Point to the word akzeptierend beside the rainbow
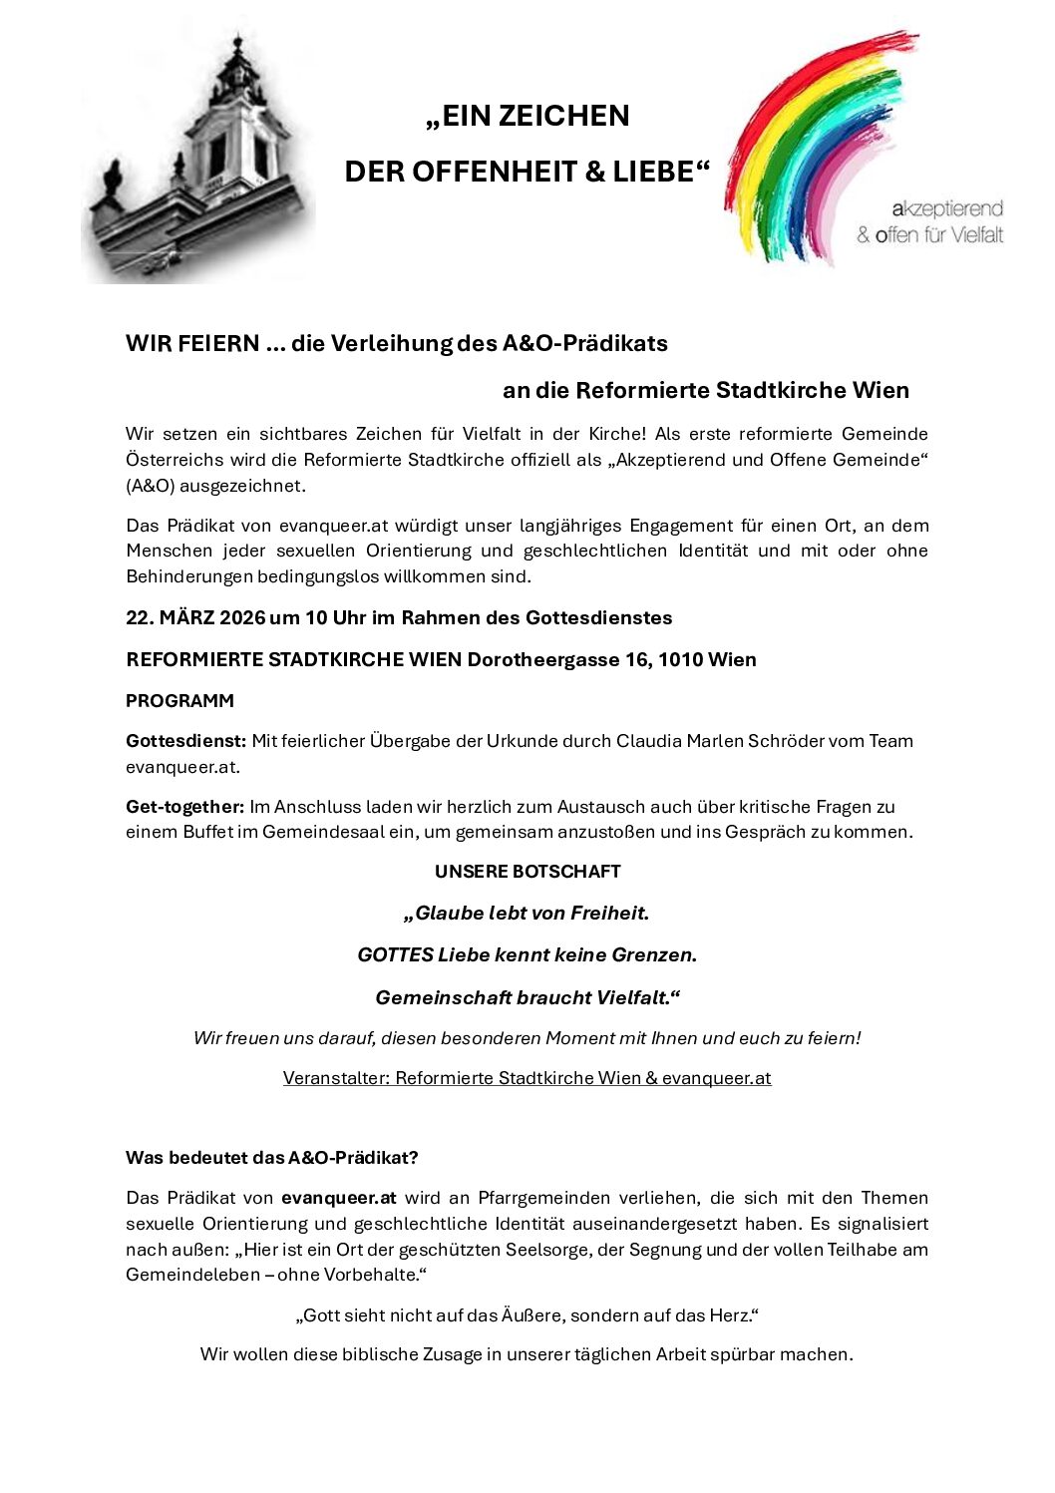point(947,208)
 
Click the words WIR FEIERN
point(192,343)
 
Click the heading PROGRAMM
point(179,701)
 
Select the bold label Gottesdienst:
point(185,741)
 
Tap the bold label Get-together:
point(184,806)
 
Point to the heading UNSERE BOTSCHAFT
point(527,871)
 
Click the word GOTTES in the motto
point(395,954)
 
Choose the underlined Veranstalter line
point(527,1078)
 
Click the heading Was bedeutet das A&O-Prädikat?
point(271,1158)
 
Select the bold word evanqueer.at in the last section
point(338,1198)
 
